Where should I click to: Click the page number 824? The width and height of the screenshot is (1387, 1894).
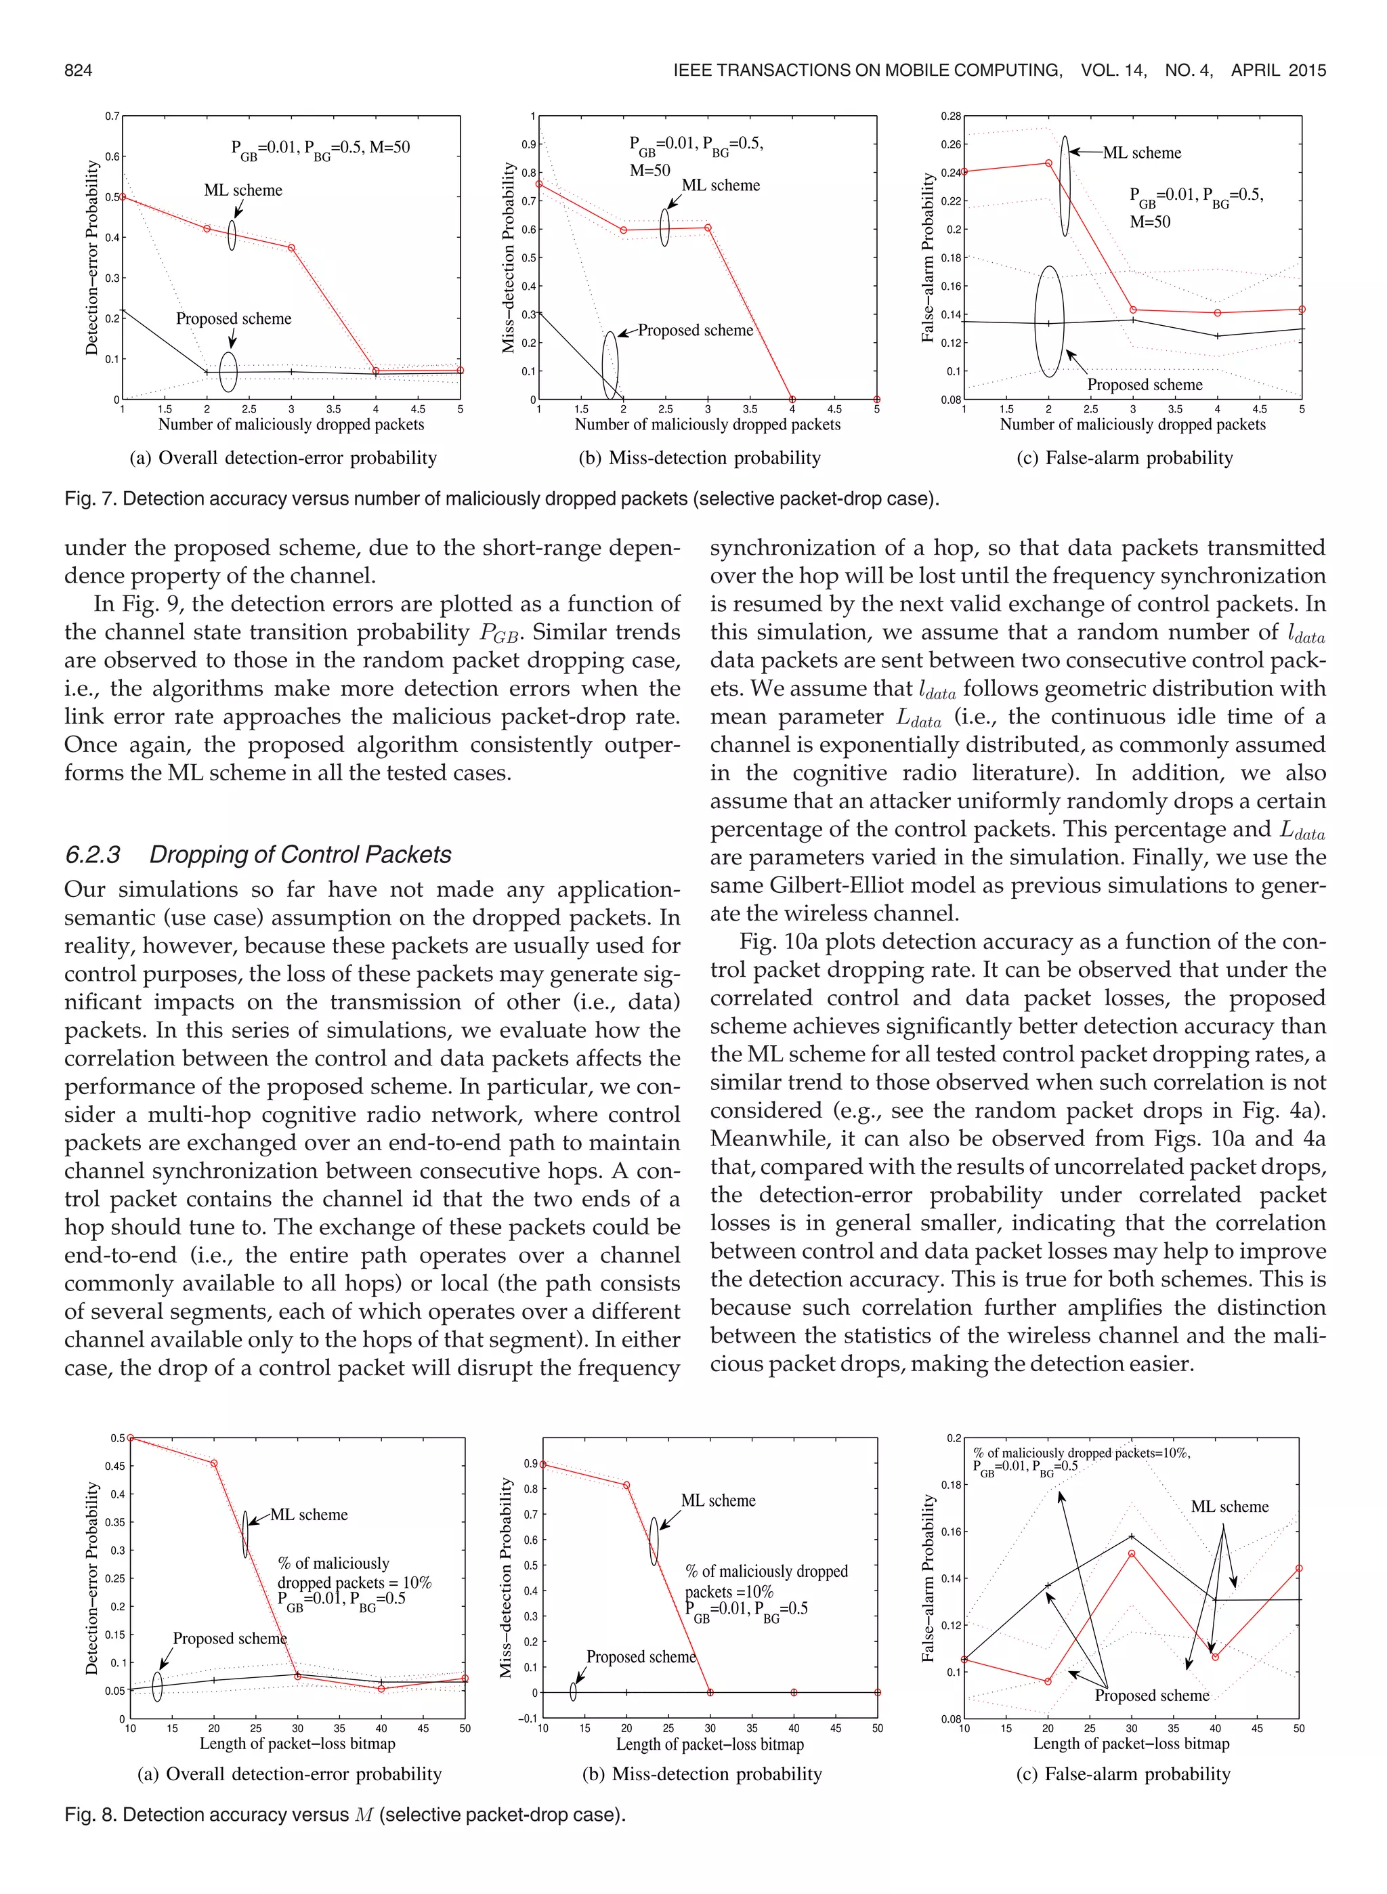[78, 70]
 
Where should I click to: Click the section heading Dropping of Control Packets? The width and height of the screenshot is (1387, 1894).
[300, 855]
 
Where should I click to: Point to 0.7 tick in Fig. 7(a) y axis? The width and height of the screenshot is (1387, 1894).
[112, 116]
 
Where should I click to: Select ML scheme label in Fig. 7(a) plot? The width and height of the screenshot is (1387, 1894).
[242, 190]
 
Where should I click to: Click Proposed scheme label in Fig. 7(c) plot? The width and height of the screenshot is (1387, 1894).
[1145, 385]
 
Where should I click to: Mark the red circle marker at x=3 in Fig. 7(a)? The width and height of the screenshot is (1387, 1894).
[291, 248]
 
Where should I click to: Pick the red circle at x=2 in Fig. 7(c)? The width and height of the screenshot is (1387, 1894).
[1048, 163]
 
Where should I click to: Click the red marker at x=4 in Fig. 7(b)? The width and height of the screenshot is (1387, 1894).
[792, 400]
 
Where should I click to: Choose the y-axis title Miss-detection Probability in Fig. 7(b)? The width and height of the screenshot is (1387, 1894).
[508, 257]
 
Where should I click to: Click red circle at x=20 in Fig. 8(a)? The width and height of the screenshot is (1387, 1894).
[214, 1463]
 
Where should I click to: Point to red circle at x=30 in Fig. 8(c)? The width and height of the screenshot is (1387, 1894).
[1132, 1553]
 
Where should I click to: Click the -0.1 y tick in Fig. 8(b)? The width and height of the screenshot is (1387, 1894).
[529, 1719]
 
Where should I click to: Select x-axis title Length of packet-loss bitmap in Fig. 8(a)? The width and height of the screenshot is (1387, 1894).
[297, 1744]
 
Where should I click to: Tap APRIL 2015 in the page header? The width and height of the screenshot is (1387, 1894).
[1278, 70]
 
